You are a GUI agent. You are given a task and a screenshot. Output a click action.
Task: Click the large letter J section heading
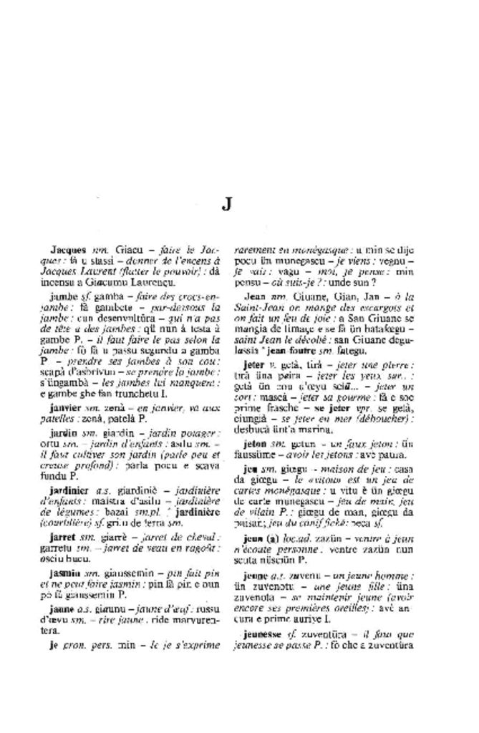click(226, 204)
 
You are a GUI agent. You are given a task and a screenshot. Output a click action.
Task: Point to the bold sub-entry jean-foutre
click(294, 351)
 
